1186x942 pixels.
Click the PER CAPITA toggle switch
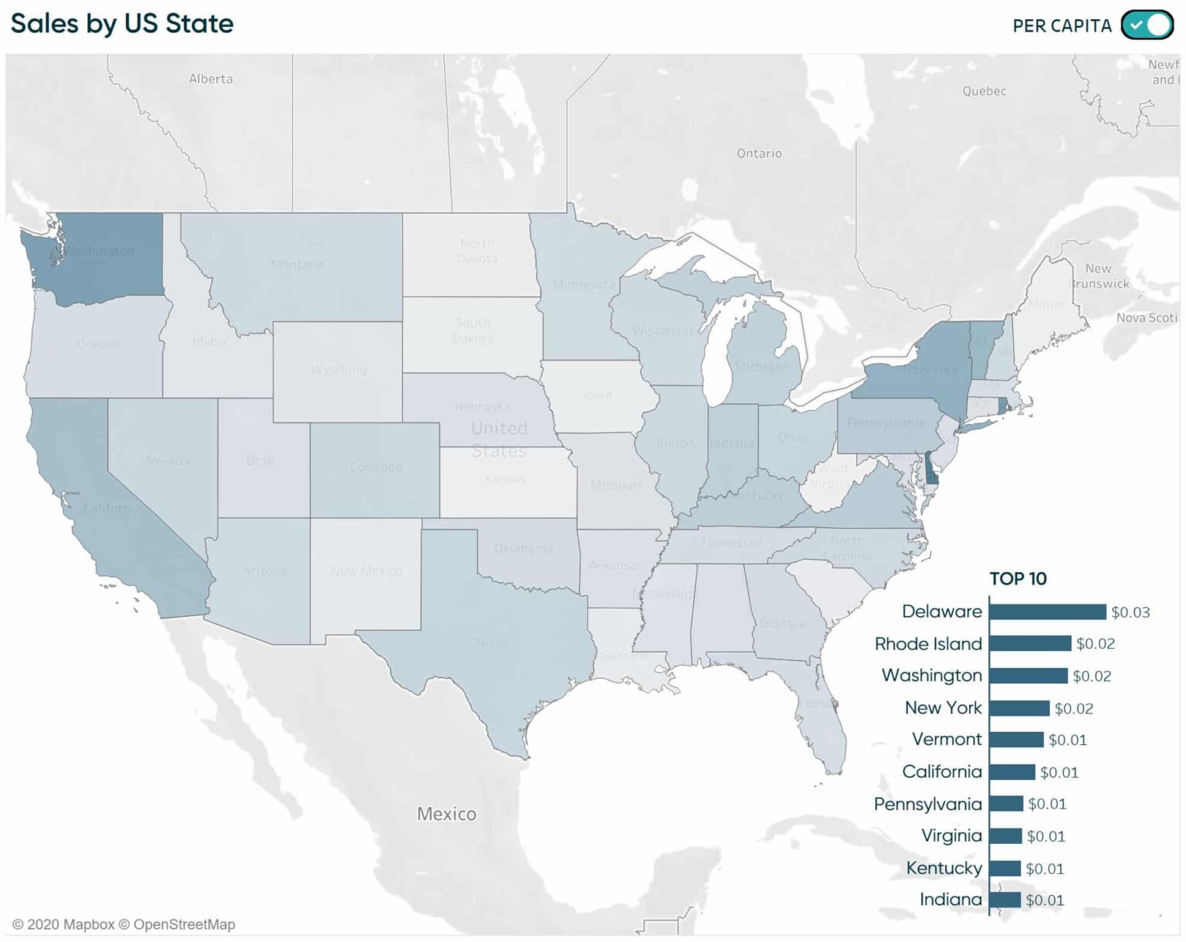tap(1147, 25)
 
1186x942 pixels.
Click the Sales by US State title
tap(122, 23)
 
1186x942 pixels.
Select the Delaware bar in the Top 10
tap(1047, 612)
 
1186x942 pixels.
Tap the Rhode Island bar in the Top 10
tap(1030, 643)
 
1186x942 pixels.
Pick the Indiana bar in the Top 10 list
tap(1005, 900)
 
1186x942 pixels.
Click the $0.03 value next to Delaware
tap(1130, 612)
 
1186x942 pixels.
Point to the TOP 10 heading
tap(1018, 578)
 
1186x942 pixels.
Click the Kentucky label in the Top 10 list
tap(944, 868)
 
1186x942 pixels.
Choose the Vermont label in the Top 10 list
tap(947, 739)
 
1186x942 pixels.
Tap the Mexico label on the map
tap(446, 814)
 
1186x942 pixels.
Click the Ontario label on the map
tap(759, 154)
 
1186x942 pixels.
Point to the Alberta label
tap(211, 79)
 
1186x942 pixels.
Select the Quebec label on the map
tap(984, 91)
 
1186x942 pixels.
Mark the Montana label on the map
tap(297, 265)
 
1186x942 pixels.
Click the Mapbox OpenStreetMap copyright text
tap(124, 924)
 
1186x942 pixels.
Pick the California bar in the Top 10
tap(1011, 772)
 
